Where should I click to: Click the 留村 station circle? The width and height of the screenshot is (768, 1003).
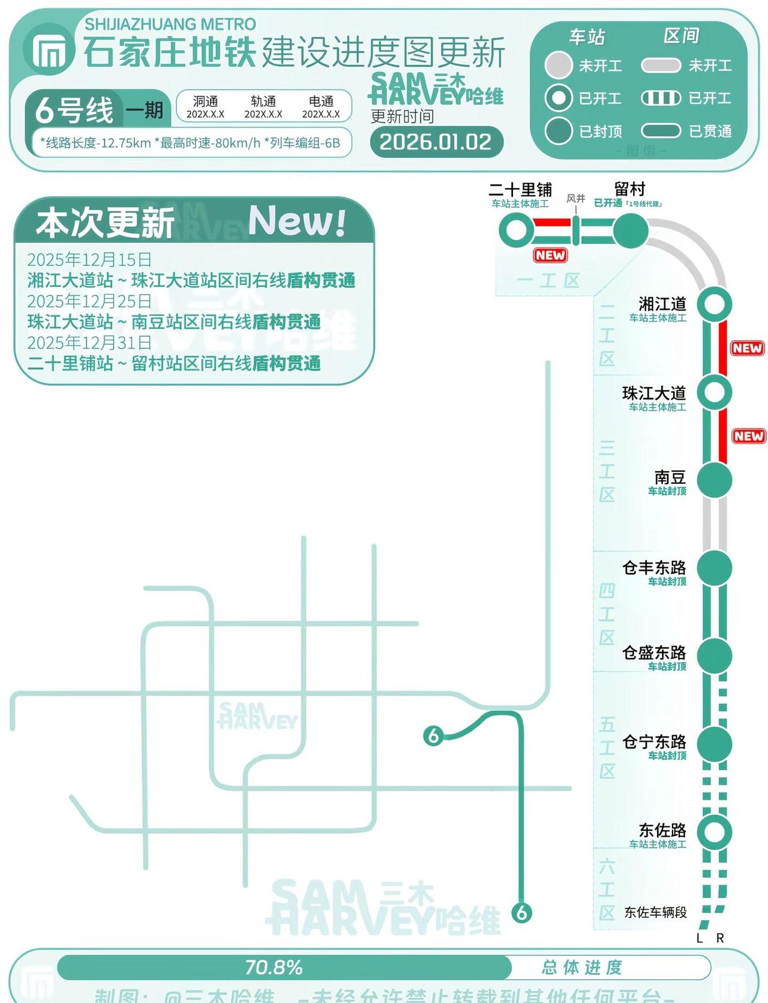pos(631,231)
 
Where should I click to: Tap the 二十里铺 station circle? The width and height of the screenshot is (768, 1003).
pos(516,231)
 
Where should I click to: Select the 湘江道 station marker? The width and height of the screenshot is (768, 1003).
pos(715,304)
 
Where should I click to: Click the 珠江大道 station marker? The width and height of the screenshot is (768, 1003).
pos(715,393)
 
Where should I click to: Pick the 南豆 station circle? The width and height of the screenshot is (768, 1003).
pos(715,480)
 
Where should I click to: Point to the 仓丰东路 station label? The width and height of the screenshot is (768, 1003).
pos(654,568)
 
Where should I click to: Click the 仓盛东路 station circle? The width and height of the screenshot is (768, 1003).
pos(715,655)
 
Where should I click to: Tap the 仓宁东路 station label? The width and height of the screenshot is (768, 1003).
pos(654,742)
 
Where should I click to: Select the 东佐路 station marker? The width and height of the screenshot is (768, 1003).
pos(715,832)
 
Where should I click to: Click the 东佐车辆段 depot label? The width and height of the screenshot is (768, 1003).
pos(655,912)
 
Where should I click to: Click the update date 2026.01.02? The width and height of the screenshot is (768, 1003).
pos(436,142)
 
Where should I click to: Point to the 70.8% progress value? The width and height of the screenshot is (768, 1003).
pos(274,968)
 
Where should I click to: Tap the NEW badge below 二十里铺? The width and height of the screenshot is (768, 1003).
pos(550,255)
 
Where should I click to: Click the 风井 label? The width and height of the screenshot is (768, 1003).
pos(575,199)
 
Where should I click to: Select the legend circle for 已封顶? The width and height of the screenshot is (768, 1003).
pos(559,131)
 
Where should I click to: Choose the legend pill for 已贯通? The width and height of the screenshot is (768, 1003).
pos(661,131)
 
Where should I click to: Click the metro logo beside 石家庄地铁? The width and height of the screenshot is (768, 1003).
pos(49,52)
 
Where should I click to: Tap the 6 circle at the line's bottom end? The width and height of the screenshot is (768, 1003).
pos(522,913)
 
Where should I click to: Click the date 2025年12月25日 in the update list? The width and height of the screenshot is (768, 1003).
pos(89,301)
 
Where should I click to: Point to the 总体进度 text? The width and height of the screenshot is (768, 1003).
pos(581,968)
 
